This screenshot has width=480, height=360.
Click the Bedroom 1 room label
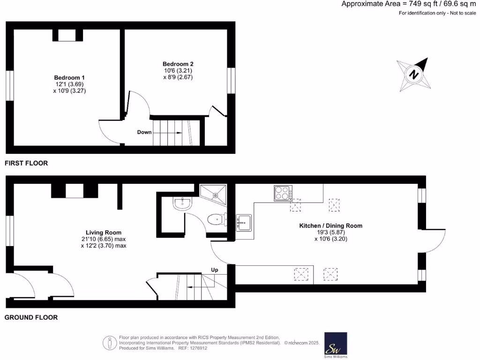(x=69, y=77)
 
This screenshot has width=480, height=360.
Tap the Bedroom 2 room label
(x=178, y=64)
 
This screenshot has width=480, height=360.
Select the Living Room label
(x=104, y=232)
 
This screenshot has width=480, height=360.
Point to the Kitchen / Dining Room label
(x=330, y=225)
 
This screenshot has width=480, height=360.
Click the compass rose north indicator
(x=413, y=75)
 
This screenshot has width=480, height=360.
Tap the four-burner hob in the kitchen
(x=283, y=194)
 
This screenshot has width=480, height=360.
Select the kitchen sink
(x=244, y=222)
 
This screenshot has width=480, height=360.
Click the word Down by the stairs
(x=144, y=132)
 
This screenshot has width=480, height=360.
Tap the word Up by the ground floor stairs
(x=215, y=270)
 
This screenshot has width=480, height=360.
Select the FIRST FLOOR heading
(x=26, y=164)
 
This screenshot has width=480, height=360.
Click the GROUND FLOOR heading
(x=31, y=317)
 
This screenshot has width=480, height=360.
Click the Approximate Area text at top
(x=408, y=4)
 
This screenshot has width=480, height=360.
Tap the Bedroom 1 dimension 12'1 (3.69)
(x=69, y=84)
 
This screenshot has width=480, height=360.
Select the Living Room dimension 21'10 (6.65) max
(x=104, y=239)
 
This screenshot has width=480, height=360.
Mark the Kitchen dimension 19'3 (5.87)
(x=330, y=232)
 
